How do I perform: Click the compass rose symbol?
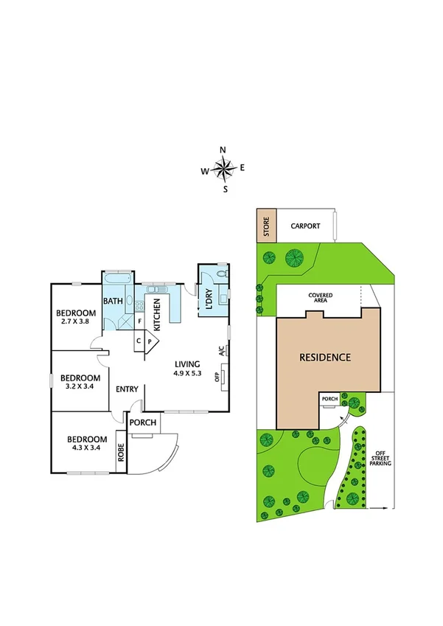pos(223,169)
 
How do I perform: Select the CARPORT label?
pos(304,226)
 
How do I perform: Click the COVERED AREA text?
pos(320,298)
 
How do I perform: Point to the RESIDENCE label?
pos(325,358)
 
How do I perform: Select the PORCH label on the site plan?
pos(329,400)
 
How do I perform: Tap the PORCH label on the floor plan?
pos(142,423)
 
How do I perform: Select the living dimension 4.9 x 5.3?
pos(188,373)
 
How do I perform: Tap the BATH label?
pos(113,301)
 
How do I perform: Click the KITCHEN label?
pos(157,315)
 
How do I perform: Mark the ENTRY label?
pos(127,389)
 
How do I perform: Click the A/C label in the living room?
pos(222,352)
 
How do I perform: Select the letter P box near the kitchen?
pos(150,341)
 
